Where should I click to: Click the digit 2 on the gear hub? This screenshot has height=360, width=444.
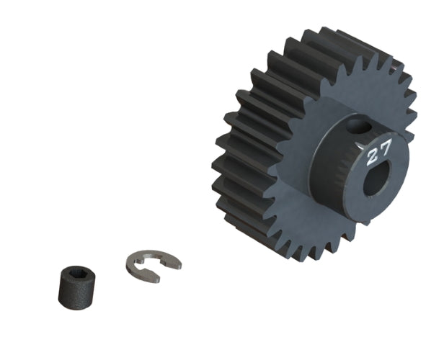[373, 154]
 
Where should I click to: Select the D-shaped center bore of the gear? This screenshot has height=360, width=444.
[374, 181]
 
